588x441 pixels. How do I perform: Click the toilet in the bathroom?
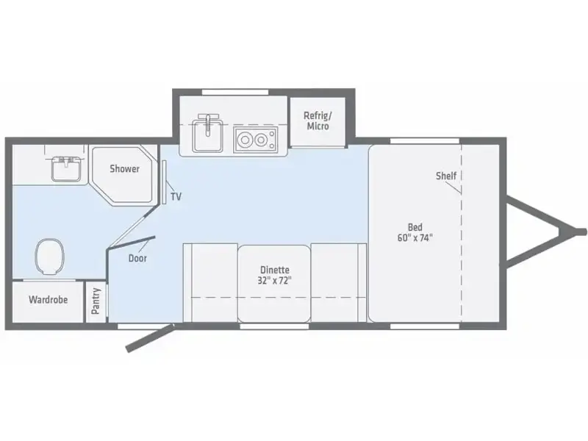point(49,257)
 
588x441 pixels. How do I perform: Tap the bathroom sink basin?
point(66,170)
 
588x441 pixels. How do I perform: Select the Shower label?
point(124,169)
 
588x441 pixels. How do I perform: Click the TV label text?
point(176,196)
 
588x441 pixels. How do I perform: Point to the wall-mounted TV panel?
point(164,182)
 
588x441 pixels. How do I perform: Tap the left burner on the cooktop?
point(245,140)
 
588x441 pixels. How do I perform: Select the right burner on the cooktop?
point(261,140)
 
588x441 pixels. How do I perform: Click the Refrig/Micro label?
point(318,121)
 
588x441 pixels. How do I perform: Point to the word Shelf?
point(446,176)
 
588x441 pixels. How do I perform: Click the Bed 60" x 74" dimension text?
point(415,237)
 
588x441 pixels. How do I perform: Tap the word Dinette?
point(275,270)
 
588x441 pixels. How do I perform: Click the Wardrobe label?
point(49,300)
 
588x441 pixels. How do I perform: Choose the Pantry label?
point(96,301)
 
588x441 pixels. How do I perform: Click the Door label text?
point(137,259)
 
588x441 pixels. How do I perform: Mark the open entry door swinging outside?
point(150,338)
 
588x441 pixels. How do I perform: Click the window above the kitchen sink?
point(235,93)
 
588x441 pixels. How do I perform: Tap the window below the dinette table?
point(274,326)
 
